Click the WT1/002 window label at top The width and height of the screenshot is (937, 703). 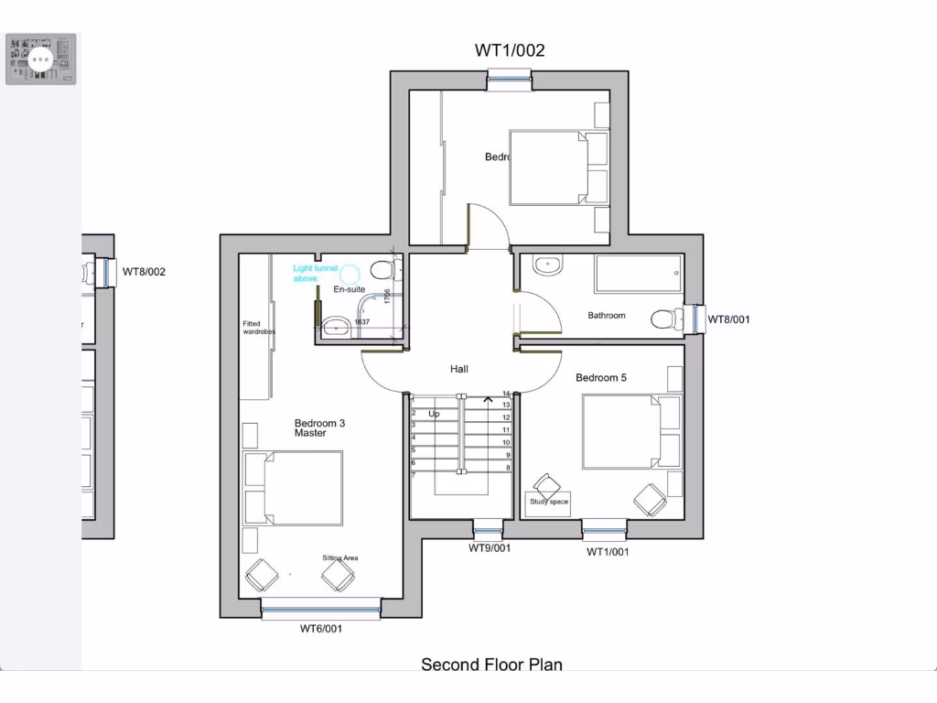(x=510, y=50)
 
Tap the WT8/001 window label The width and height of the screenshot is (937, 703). (x=728, y=319)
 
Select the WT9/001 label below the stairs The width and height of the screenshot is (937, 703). (x=490, y=548)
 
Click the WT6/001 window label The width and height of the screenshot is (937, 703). (x=321, y=629)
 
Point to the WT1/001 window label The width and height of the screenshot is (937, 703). (x=608, y=552)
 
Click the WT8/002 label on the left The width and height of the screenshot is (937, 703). (x=145, y=272)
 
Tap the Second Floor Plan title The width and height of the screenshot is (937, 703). (x=491, y=665)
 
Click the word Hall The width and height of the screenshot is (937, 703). (x=459, y=369)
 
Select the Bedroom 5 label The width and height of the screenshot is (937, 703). (x=600, y=377)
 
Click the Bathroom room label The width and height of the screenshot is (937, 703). (x=607, y=316)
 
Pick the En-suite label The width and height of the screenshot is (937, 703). (x=348, y=289)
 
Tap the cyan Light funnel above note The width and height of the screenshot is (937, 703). (x=315, y=273)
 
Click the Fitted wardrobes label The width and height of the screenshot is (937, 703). (x=258, y=328)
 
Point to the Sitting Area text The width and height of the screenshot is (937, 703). (x=339, y=557)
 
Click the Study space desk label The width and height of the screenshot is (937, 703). (x=548, y=502)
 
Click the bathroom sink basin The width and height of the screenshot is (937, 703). (x=547, y=265)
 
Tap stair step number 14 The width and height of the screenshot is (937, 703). (x=506, y=394)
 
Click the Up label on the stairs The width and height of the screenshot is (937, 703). (x=434, y=414)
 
